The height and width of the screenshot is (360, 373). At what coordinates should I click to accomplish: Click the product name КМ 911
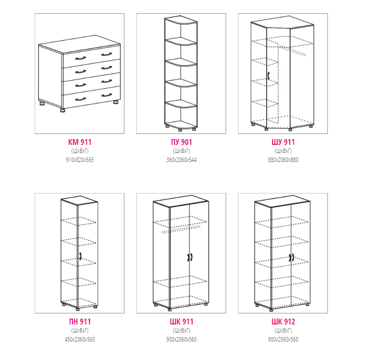tap(80, 142)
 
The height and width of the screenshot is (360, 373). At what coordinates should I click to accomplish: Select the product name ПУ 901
tap(181, 142)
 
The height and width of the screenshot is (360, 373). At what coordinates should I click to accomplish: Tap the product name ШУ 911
tap(283, 142)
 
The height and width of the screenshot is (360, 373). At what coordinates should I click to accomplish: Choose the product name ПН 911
tap(80, 322)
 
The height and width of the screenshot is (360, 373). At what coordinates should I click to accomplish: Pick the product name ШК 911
tap(181, 322)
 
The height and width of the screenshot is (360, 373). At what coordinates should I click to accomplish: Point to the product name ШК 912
tap(283, 322)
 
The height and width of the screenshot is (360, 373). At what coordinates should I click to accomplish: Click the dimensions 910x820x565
tap(80, 160)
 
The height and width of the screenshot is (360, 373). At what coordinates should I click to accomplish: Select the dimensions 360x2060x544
tap(181, 160)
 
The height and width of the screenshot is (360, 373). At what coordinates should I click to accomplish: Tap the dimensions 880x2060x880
tap(283, 160)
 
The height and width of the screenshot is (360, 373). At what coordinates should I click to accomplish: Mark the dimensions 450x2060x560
tap(80, 340)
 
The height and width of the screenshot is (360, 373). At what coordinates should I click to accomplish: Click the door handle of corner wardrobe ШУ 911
tap(269, 76)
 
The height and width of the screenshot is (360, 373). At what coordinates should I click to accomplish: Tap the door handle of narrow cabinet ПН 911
tap(81, 256)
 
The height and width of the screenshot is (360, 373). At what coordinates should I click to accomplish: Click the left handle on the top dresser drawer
tap(81, 58)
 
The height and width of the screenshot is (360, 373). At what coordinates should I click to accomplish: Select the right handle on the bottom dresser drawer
tap(107, 95)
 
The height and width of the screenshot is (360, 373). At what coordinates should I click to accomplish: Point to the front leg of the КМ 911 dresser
tap(63, 110)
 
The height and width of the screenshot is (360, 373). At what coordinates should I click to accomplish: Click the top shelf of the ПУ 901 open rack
tap(181, 41)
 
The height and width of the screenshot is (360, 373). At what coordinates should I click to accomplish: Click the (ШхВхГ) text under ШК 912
tap(283, 330)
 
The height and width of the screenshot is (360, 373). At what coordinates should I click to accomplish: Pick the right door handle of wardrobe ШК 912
tap(293, 257)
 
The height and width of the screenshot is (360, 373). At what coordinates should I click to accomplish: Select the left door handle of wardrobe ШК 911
tap(188, 257)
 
